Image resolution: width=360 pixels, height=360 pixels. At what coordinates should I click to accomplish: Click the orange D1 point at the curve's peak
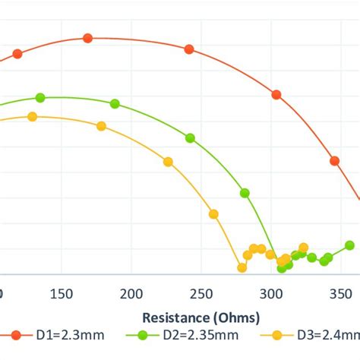click(88, 38)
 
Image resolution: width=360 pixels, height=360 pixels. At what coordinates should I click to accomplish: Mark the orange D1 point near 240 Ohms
click(189, 49)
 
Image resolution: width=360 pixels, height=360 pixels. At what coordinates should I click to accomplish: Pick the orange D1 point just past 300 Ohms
click(277, 95)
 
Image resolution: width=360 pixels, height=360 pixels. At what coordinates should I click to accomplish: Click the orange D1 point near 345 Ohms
click(334, 160)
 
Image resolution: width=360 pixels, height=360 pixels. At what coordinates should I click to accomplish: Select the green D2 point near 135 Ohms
click(40, 97)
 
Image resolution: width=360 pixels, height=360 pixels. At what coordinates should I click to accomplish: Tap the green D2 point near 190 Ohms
click(115, 103)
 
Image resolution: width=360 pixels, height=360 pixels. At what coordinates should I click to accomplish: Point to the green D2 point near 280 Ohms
click(245, 193)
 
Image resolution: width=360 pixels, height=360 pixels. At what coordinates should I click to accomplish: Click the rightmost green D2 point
click(349, 245)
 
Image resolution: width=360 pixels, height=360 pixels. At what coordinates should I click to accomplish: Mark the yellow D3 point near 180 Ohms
click(102, 126)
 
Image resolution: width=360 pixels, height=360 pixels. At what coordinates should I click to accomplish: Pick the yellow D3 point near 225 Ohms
click(168, 161)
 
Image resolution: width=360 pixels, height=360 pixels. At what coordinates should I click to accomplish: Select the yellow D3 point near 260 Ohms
click(213, 214)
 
